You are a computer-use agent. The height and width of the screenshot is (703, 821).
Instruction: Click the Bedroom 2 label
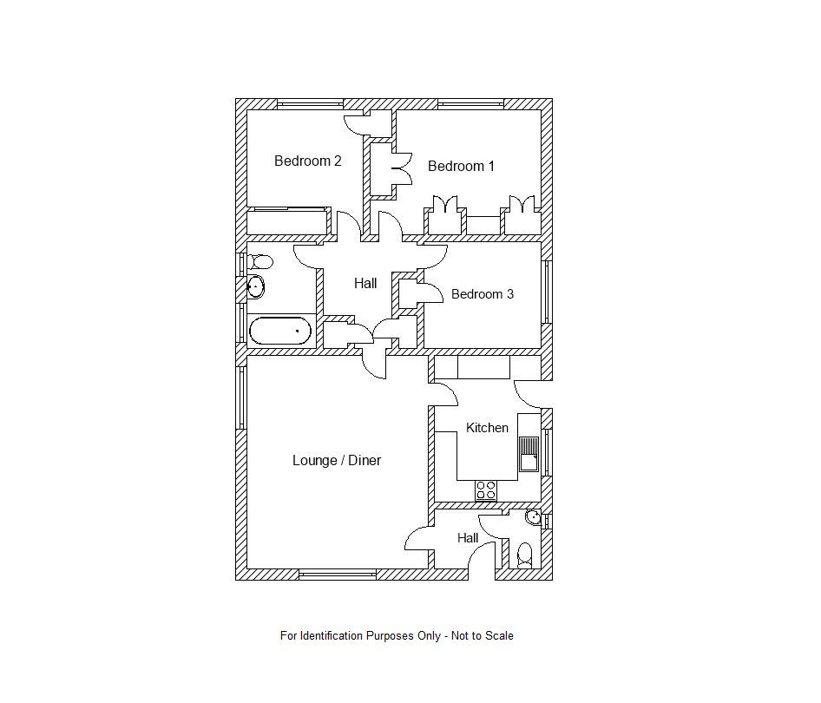click(307, 161)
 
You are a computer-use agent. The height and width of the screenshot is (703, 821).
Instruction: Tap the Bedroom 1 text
click(461, 166)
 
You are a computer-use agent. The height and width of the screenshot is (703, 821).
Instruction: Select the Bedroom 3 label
click(482, 294)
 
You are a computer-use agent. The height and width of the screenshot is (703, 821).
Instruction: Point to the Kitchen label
click(487, 428)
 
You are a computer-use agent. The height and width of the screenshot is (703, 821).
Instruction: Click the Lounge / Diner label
click(337, 460)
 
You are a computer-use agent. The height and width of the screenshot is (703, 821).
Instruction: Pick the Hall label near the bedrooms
click(365, 283)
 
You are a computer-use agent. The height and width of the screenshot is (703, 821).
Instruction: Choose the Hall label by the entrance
click(468, 538)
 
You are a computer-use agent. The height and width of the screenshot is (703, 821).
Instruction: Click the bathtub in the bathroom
click(279, 331)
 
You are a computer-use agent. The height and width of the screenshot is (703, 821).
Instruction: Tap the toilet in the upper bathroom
click(259, 260)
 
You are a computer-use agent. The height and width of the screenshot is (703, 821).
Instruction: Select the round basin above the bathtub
click(255, 286)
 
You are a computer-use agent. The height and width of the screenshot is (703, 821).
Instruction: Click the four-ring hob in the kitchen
click(486, 490)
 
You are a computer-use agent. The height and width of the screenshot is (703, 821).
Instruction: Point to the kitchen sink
click(529, 453)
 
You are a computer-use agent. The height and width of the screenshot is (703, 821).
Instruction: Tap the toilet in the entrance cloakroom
click(524, 555)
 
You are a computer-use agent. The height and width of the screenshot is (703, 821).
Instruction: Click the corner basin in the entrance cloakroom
click(534, 518)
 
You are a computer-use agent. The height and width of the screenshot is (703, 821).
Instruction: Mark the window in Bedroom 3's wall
click(547, 292)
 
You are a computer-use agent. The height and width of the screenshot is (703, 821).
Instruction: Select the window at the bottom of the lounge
click(338, 574)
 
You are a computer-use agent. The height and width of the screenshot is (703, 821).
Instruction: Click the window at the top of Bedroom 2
click(310, 104)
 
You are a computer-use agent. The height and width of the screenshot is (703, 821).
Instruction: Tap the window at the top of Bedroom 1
click(470, 104)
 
